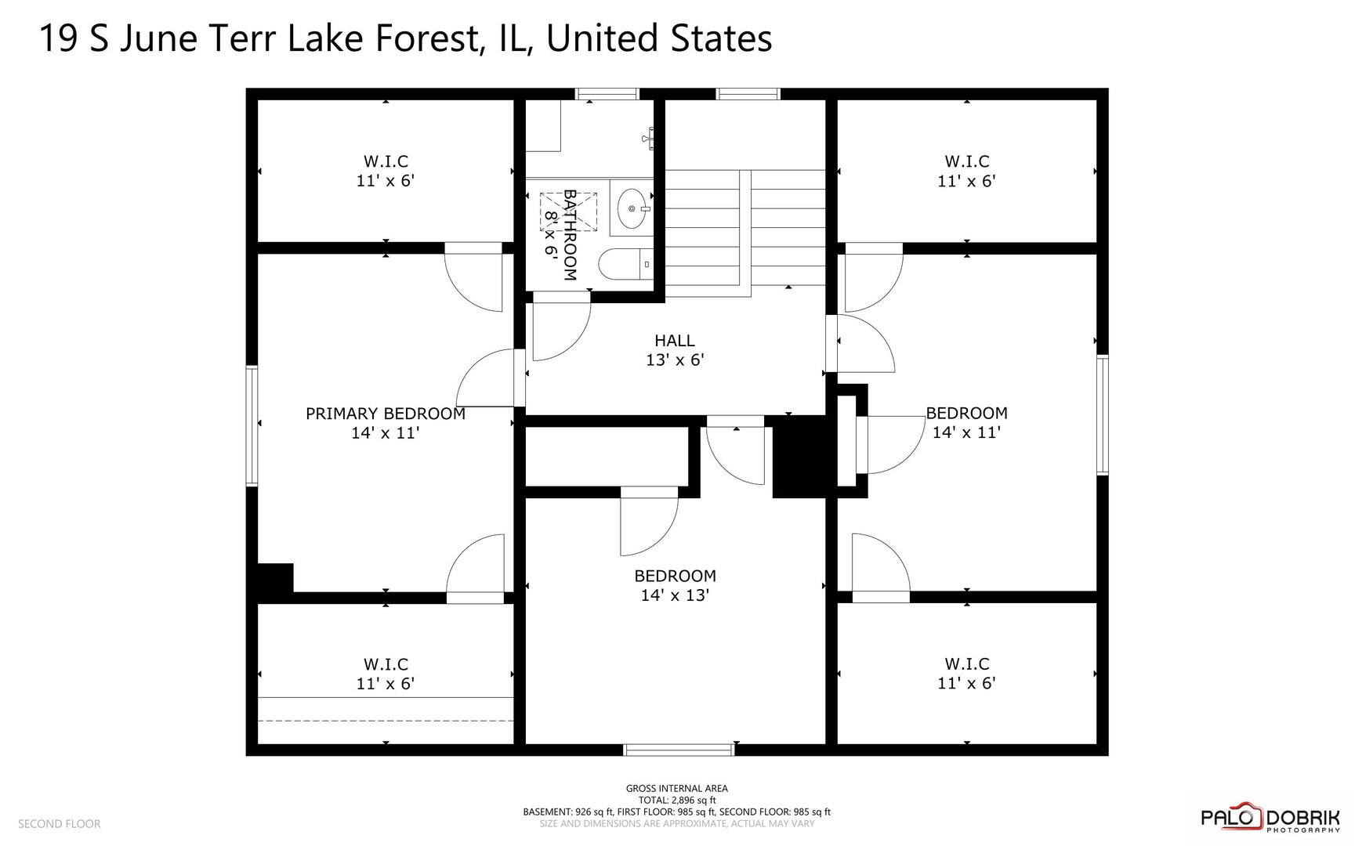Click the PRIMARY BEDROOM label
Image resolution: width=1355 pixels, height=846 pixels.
point(385,414)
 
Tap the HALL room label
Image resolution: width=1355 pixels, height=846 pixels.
point(675,341)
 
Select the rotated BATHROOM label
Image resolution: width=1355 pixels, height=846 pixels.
point(570,235)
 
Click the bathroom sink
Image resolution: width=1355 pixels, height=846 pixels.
point(632,208)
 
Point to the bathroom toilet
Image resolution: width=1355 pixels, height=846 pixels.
point(625,264)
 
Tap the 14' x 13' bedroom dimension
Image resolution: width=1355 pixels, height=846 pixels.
point(675,595)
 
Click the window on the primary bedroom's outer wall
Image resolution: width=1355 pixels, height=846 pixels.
point(252,425)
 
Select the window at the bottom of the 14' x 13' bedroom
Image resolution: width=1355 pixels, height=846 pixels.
point(679,750)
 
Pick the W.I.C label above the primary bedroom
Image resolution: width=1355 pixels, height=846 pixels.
point(386,161)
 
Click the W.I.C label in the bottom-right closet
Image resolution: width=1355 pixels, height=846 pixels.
point(966,664)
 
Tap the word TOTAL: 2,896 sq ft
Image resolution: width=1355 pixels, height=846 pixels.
point(676,801)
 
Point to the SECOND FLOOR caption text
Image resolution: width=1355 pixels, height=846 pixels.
point(60,824)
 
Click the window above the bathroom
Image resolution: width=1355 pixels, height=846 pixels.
point(607,94)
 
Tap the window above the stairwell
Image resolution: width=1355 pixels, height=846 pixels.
point(748,94)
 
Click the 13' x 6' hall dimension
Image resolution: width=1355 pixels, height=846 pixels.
point(675,360)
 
